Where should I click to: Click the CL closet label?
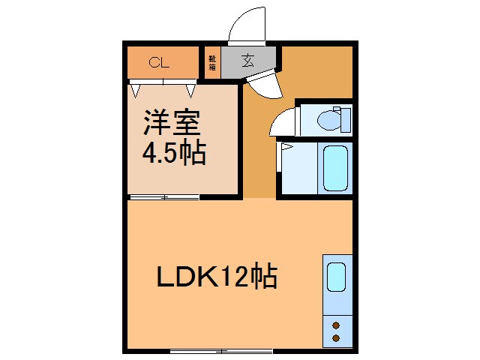[x=158, y=63]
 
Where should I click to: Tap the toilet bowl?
[x=328, y=119]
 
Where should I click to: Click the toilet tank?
[x=346, y=120]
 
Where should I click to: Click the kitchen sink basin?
[x=337, y=277]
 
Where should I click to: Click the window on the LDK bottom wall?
[x=220, y=350]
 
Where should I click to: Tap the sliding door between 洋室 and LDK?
[x=163, y=198]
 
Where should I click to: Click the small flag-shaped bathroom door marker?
[x=285, y=148]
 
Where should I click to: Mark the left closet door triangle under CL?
[x=136, y=89]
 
